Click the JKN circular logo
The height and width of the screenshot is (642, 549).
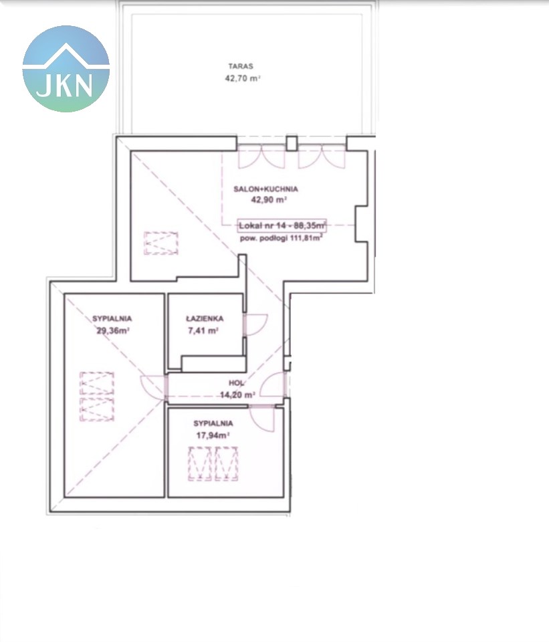tap(66, 68)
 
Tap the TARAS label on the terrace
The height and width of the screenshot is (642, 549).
tap(241, 66)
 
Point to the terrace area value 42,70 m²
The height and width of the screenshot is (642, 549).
tap(243, 78)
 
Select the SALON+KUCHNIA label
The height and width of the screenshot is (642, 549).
tap(265, 189)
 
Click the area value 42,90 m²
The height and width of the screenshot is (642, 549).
tap(269, 200)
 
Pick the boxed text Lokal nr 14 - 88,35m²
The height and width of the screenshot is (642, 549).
tap(282, 225)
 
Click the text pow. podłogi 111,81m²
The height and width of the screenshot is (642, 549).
tap(281, 238)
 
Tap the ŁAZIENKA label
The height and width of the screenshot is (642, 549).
tap(205, 318)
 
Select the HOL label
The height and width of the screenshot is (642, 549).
tap(236, 383)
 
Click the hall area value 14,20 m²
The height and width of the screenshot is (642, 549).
tap(237, 395)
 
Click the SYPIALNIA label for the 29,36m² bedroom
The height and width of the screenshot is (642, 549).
tap(112, 318)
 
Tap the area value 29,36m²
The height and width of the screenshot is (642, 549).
tap(112, 330)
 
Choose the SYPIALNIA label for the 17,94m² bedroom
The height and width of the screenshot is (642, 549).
tap(213, 423)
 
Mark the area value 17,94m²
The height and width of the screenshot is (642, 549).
tap(213, 435)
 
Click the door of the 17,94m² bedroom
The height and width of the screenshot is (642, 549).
tap(263, 418)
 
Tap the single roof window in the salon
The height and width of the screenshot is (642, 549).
tap(161, 243)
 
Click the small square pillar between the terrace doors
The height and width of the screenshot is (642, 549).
tap(291, 143)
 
